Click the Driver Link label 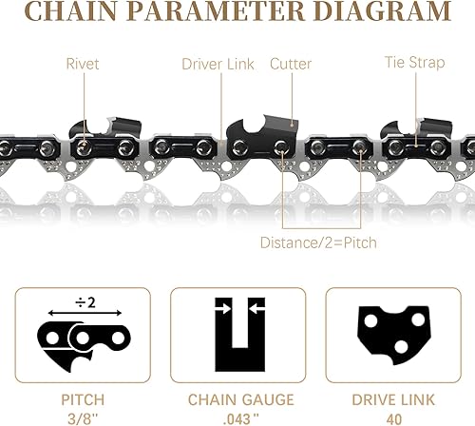click(218, 65)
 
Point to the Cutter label click(291, 65)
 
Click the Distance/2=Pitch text click(318, 242)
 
